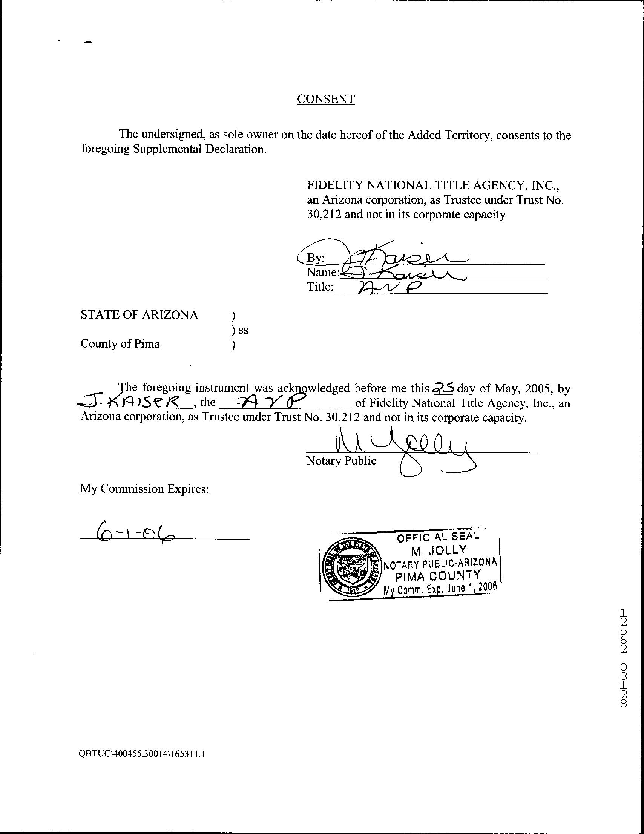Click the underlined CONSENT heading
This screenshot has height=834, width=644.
(x=326, y=99)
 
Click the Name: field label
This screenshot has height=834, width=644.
(x=323, y=273)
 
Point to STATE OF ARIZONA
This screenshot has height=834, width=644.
(x=139, y=315)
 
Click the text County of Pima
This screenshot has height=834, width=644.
(x=120, y=344)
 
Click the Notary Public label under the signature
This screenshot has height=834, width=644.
(x=341, y=461)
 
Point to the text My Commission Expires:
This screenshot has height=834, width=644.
(x=144, y=489)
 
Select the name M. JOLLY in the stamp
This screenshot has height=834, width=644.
(x=439, y=550)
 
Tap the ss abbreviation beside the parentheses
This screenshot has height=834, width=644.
(x=244, y=330)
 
